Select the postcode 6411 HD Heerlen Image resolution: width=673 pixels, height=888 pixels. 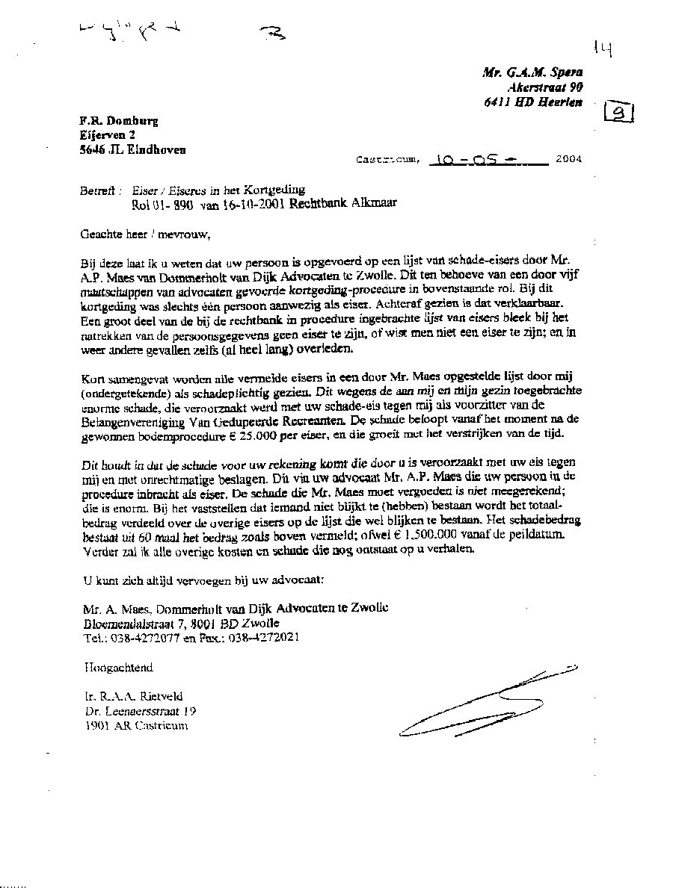(x=532, y=102)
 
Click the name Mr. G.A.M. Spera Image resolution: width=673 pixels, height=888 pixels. (x=532, y=72)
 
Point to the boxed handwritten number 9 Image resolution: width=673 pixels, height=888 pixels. (x=619, y=113)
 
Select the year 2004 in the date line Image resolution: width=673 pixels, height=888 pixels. (x=567, y=159)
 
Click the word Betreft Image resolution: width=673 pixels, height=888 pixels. (x=95, y=190)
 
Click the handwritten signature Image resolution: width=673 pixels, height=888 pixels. (x=486, y=702)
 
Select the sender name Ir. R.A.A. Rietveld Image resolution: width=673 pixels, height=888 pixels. (x=134, y=696)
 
